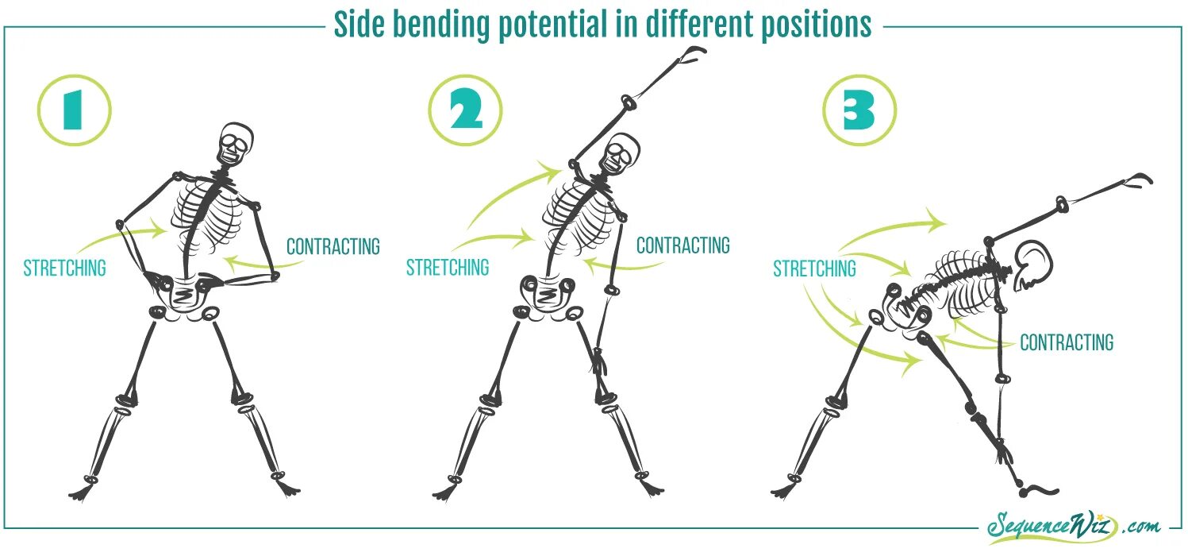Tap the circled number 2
pyautogui.click(x=465, y=110)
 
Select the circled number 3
pyautogui.click(x=859, y=110)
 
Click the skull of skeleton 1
pyautogui.click(x=236, y=145)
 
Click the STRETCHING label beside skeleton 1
pyautogui.click(x=64, y=268)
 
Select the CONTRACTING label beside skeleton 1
pyautogui.click(x=333, y=247)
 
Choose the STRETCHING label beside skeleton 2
pyautogui.click(x=448, y=268)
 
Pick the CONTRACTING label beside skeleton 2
pyautogui.click(x=683, y=245)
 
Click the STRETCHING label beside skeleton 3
pyautogui.click(x=815, y=269)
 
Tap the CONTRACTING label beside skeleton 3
pyautogui.click(x=1067, y=343)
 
